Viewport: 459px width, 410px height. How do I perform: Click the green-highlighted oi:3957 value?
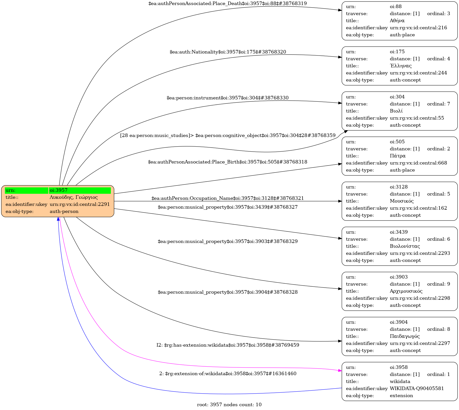pyautogui.click(x=80, y=190)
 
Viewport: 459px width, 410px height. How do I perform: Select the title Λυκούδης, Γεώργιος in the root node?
pyautogui.click(x=73, y=197)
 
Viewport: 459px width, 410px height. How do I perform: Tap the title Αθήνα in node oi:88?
pyautogui.click(x=397, y=21)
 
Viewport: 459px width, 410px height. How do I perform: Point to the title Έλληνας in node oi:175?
pyautogui.click(x=401, y=66)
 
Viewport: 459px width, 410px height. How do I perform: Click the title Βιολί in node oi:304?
pyautogui.click(x=396, y=111)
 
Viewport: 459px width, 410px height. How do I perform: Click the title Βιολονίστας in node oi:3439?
pyautogui.click(x=405, y=246)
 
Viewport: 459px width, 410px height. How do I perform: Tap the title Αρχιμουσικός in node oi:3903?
pyautogui.click(x=406, y=291)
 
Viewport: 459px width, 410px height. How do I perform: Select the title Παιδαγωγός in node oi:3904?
pyautogui.click(x=405, y=336)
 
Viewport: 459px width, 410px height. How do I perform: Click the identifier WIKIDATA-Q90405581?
pyautogui.click(x=417, y=389)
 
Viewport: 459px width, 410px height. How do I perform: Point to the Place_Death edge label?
pyautogui.click(x=228, y=4)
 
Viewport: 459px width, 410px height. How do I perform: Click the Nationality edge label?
pyautogui.click(x=228, y=52)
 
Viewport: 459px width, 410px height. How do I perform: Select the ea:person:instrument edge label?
pyautogui.click(x=228, y=98)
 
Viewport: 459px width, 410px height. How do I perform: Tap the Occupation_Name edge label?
pyautogui.click(x=228, y=198)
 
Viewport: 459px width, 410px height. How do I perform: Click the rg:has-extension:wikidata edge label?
pyautogui.click(x=228, y=345)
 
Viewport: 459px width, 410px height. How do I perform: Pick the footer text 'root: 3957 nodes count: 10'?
pyautogui.click(x=229, y=405)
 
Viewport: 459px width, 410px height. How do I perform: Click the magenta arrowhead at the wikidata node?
pyautogui.click(x=340, y=371)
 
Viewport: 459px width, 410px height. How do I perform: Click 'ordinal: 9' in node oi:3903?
pyautogui.click(x=439, y=284)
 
